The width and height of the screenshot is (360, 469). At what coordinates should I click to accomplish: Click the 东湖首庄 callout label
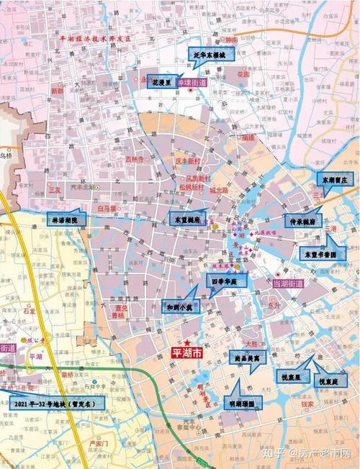[334, 178]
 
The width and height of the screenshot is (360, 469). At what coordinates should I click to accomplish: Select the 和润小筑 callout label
[177, 307]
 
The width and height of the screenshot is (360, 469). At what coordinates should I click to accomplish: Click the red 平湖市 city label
[186, 354]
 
